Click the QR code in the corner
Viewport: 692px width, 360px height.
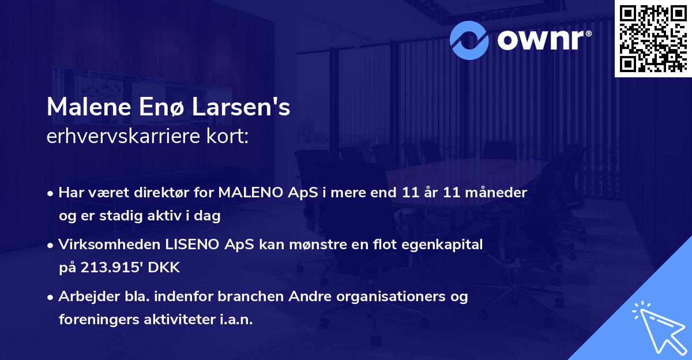[x=653, y=38]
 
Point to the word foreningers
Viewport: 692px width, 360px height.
[x=97, y=320]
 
